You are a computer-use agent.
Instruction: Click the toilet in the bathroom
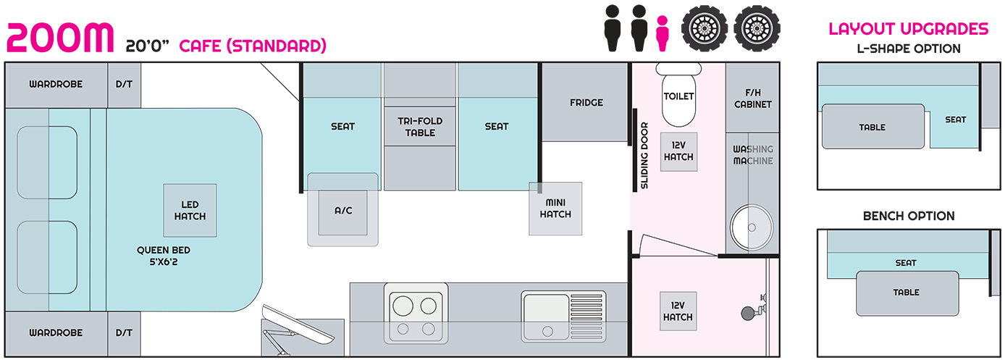[x=678, y=96]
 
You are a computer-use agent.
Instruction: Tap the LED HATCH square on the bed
[x=190, y=210]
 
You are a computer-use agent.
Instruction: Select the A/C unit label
[x=342, y=210]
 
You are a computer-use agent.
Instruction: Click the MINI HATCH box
[x=555, y=209]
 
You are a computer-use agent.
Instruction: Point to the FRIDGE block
[x=586, y=102]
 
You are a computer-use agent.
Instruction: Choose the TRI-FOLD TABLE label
[x=420, y=127]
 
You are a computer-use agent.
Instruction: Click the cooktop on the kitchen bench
[x=417, y=312]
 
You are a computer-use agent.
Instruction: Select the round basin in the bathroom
[x=749, y=228]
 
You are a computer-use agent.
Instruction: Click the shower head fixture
[x=749, y=311]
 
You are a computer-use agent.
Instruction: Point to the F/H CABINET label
[x=753, y=99]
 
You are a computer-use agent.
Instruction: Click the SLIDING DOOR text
[x=644, y=155]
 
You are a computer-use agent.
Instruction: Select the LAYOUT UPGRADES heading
[x=909, y=29]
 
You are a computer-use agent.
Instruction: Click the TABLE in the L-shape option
[x=872, y=127]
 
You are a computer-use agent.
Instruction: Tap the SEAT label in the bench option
[x=905, y=263]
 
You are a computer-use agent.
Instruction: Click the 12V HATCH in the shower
[x=678, y=312]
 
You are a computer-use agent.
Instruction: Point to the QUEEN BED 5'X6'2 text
[x=163, y=256]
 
